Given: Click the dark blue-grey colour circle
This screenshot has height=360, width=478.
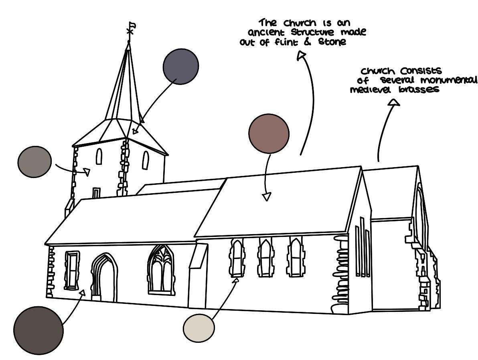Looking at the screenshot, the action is click(181, 67).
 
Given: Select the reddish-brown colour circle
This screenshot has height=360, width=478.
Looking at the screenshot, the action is click(269, 133).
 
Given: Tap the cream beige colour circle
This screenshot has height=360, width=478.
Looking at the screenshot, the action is click(199, 328).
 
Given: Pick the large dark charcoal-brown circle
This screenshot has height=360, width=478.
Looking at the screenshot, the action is click(38, 330).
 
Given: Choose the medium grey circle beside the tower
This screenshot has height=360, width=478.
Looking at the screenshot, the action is click(34, 162).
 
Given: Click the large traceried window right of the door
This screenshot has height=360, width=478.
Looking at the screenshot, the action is click(161, 269).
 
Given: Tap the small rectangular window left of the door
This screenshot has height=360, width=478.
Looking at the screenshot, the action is click(72, 270).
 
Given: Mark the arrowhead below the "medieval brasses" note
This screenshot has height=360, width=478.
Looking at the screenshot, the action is click(395, 103).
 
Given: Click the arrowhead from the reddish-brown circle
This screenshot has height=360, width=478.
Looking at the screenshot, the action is click(266, 196).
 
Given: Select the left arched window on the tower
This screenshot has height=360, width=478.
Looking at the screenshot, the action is click(99, 156).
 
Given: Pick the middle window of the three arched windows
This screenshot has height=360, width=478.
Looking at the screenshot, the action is click(266, 257).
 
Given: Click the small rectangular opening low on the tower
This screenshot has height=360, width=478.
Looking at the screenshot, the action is click(96, 193).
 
